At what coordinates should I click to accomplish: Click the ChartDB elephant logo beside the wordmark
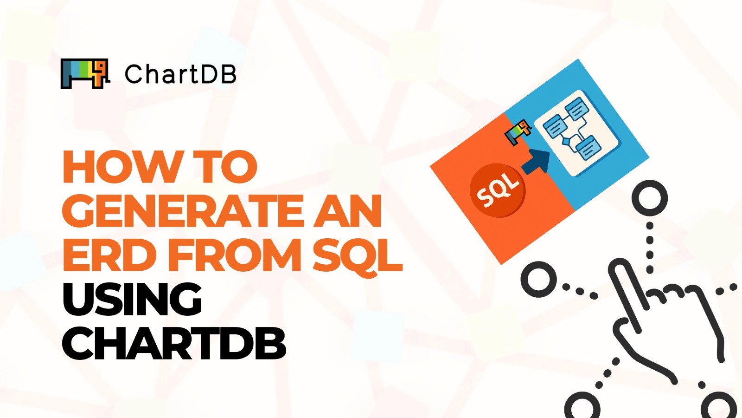tap(85, 73)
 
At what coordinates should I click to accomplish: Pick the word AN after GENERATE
tap(347, 211)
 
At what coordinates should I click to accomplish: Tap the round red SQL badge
tap(498, 190)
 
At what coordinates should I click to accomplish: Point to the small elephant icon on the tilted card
tap(518, 132)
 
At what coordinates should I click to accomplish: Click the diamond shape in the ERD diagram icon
tap(566, 141)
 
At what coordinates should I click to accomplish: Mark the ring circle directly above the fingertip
tap(649, 198)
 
